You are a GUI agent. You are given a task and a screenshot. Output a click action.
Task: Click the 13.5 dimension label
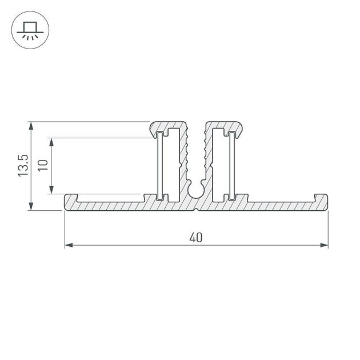23,165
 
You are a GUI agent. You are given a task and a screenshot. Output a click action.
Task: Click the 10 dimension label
43,165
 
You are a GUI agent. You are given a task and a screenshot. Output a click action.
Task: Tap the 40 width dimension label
196,238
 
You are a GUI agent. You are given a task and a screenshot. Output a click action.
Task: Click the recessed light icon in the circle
30,30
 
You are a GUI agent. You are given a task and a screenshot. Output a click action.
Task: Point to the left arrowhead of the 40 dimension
69,246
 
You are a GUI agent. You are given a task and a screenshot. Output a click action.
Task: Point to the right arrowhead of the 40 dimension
324,246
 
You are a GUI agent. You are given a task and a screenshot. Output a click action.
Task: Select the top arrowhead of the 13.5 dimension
31,126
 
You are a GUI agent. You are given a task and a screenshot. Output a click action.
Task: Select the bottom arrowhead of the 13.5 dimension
31,206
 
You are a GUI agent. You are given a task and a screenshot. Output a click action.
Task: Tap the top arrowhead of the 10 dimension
51,142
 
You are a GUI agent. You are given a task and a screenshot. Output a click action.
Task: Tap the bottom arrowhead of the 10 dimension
51,190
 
